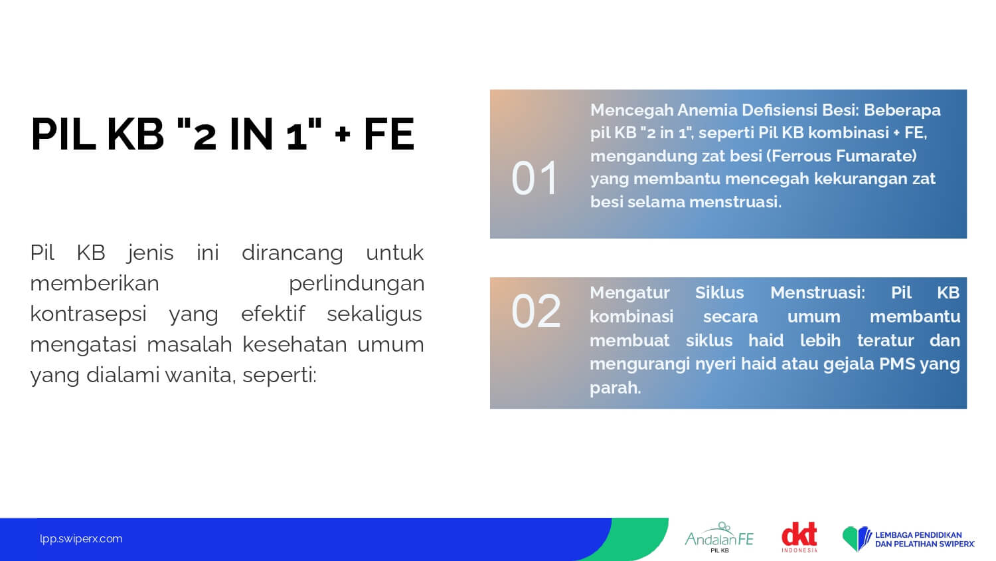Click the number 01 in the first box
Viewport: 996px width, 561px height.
535,179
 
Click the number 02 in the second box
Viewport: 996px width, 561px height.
536,311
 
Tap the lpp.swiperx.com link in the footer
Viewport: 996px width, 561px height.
81,539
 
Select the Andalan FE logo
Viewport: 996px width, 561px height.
719,537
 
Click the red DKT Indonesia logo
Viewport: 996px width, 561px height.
799,537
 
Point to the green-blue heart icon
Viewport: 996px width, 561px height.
857,538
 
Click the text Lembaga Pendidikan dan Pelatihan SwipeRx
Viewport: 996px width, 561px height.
924,539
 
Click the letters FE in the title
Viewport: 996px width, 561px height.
389,134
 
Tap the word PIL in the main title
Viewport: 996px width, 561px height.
62,134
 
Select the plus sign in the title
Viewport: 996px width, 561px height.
343,134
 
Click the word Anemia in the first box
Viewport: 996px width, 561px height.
706,110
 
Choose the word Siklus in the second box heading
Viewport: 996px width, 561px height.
719,292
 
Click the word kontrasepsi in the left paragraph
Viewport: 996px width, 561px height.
88,314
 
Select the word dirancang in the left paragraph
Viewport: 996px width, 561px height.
292,253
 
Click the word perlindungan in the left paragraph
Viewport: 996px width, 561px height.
357,284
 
